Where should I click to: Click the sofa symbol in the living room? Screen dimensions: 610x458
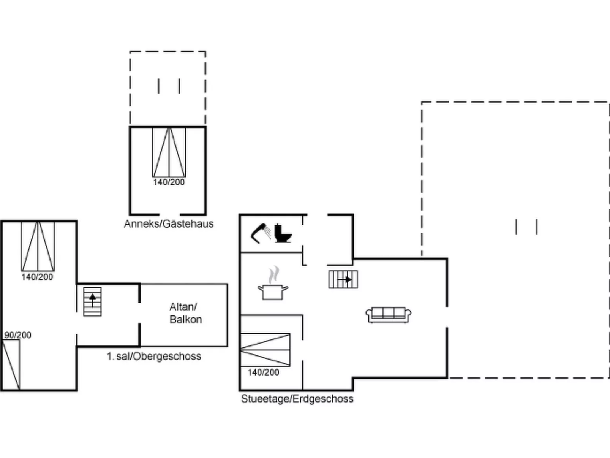[388, 315]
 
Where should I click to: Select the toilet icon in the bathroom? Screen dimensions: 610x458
[283, 233]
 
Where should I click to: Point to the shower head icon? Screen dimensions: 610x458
[261, 233]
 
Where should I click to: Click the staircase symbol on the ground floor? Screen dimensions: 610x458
[343, 279]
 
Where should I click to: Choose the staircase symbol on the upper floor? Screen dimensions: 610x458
[92, 302]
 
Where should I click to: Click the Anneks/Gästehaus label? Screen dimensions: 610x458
[169, 224]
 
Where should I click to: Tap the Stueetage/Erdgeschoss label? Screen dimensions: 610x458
[297, 399]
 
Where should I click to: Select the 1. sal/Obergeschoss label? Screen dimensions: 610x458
[154, 356]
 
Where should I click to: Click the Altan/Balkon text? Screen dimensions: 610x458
[186, 313]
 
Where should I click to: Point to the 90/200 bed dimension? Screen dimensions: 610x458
[18, 335]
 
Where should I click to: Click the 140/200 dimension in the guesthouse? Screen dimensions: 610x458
[169, 182]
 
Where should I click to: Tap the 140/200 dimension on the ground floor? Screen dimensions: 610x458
[263, 372]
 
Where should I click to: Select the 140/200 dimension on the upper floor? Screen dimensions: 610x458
[37, 277]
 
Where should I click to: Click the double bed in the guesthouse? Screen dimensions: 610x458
[169, 152]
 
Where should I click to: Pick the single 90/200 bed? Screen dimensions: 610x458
[11, 364]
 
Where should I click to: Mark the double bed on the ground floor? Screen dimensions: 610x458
[265, 350]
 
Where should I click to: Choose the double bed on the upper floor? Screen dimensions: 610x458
[38, 246]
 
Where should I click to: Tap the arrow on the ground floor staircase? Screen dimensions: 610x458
[345, 279]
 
